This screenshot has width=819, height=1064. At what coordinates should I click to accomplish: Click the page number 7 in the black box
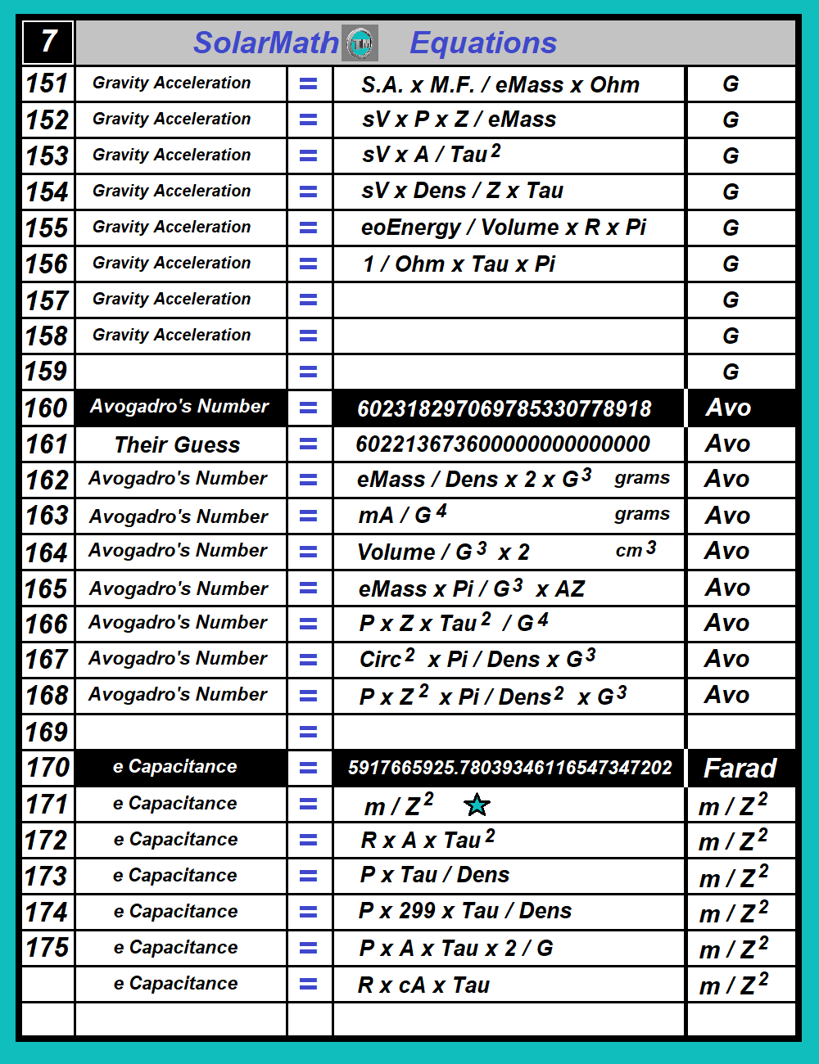[x=48, y=41]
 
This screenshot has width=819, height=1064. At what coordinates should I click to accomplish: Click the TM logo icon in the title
[x=360, y=43]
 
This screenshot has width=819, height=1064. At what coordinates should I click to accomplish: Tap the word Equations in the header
[x=483, y=43]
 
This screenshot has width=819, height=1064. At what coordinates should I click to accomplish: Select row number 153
[x=48, y=156]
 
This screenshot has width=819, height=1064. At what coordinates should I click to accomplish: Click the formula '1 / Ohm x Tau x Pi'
[x=459, y=264]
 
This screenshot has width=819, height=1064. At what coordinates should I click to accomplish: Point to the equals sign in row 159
[x=309, y=372]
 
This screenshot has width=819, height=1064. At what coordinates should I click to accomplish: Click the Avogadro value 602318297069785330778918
[x=505, y=408]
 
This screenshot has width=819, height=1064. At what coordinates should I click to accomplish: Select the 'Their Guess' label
[x=177, y=444]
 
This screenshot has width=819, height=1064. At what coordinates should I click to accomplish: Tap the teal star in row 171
[x=477, y=805]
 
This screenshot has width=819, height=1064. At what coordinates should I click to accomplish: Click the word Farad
[x=740, y=769]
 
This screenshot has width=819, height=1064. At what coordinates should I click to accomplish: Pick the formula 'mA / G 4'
[x=402, y=515]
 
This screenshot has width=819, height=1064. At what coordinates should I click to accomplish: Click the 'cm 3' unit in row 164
[x=636, y=550]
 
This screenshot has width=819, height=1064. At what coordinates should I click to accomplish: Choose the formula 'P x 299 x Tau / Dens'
[x=465, y=911]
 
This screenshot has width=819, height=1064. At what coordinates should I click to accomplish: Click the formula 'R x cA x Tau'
[x=423, y=985]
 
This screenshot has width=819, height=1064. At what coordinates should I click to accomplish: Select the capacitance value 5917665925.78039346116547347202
[x=509, y=768]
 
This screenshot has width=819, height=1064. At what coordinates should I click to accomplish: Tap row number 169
[x=48, y=732]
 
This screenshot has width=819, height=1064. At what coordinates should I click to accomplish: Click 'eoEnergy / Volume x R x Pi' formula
[x=504, y=228]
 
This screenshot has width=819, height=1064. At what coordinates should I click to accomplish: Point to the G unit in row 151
[x=731, y=84]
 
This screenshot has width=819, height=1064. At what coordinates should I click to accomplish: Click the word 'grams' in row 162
[x=642, y=478]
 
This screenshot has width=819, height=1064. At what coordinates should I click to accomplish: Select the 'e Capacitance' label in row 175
[x=175, y=948]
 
